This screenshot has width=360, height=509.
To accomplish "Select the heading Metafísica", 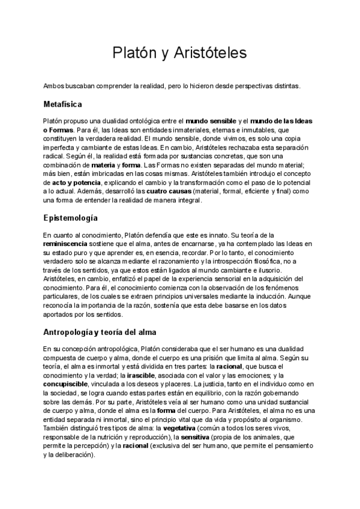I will [x=67, y=104].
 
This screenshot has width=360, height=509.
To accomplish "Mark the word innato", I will [x=205, y=235].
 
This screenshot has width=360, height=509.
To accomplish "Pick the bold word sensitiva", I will [x=193, y=445].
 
